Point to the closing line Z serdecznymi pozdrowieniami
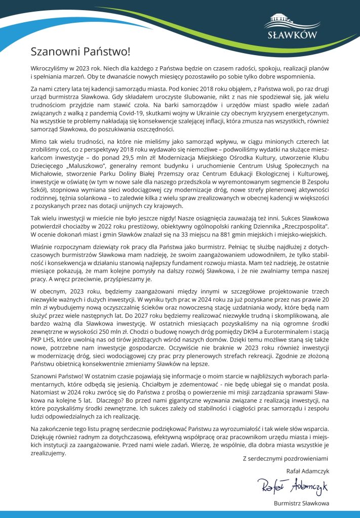[x=286, y=458]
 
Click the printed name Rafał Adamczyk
[x=308, y=471]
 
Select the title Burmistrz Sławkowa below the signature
[x=301, y=503]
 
